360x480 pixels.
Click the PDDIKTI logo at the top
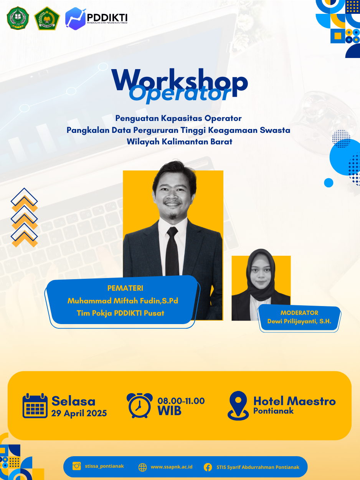point(96,18)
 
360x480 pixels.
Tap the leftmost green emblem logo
point(18,18)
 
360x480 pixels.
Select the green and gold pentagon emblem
point(47,18)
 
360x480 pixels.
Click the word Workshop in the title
point(180,81)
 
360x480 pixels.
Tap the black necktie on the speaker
point(172,252)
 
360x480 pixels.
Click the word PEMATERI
point(125,288)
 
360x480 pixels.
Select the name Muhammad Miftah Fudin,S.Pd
point(123,301)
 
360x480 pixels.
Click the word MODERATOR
point(299,313)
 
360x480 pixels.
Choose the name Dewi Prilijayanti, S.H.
point(299,321)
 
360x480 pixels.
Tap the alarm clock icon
point(139,406)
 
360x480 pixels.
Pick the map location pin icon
point(238,406)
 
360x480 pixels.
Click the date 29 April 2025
point(79,413)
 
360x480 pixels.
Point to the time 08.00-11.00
point(181,401)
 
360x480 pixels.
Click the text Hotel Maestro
point(294,401)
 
